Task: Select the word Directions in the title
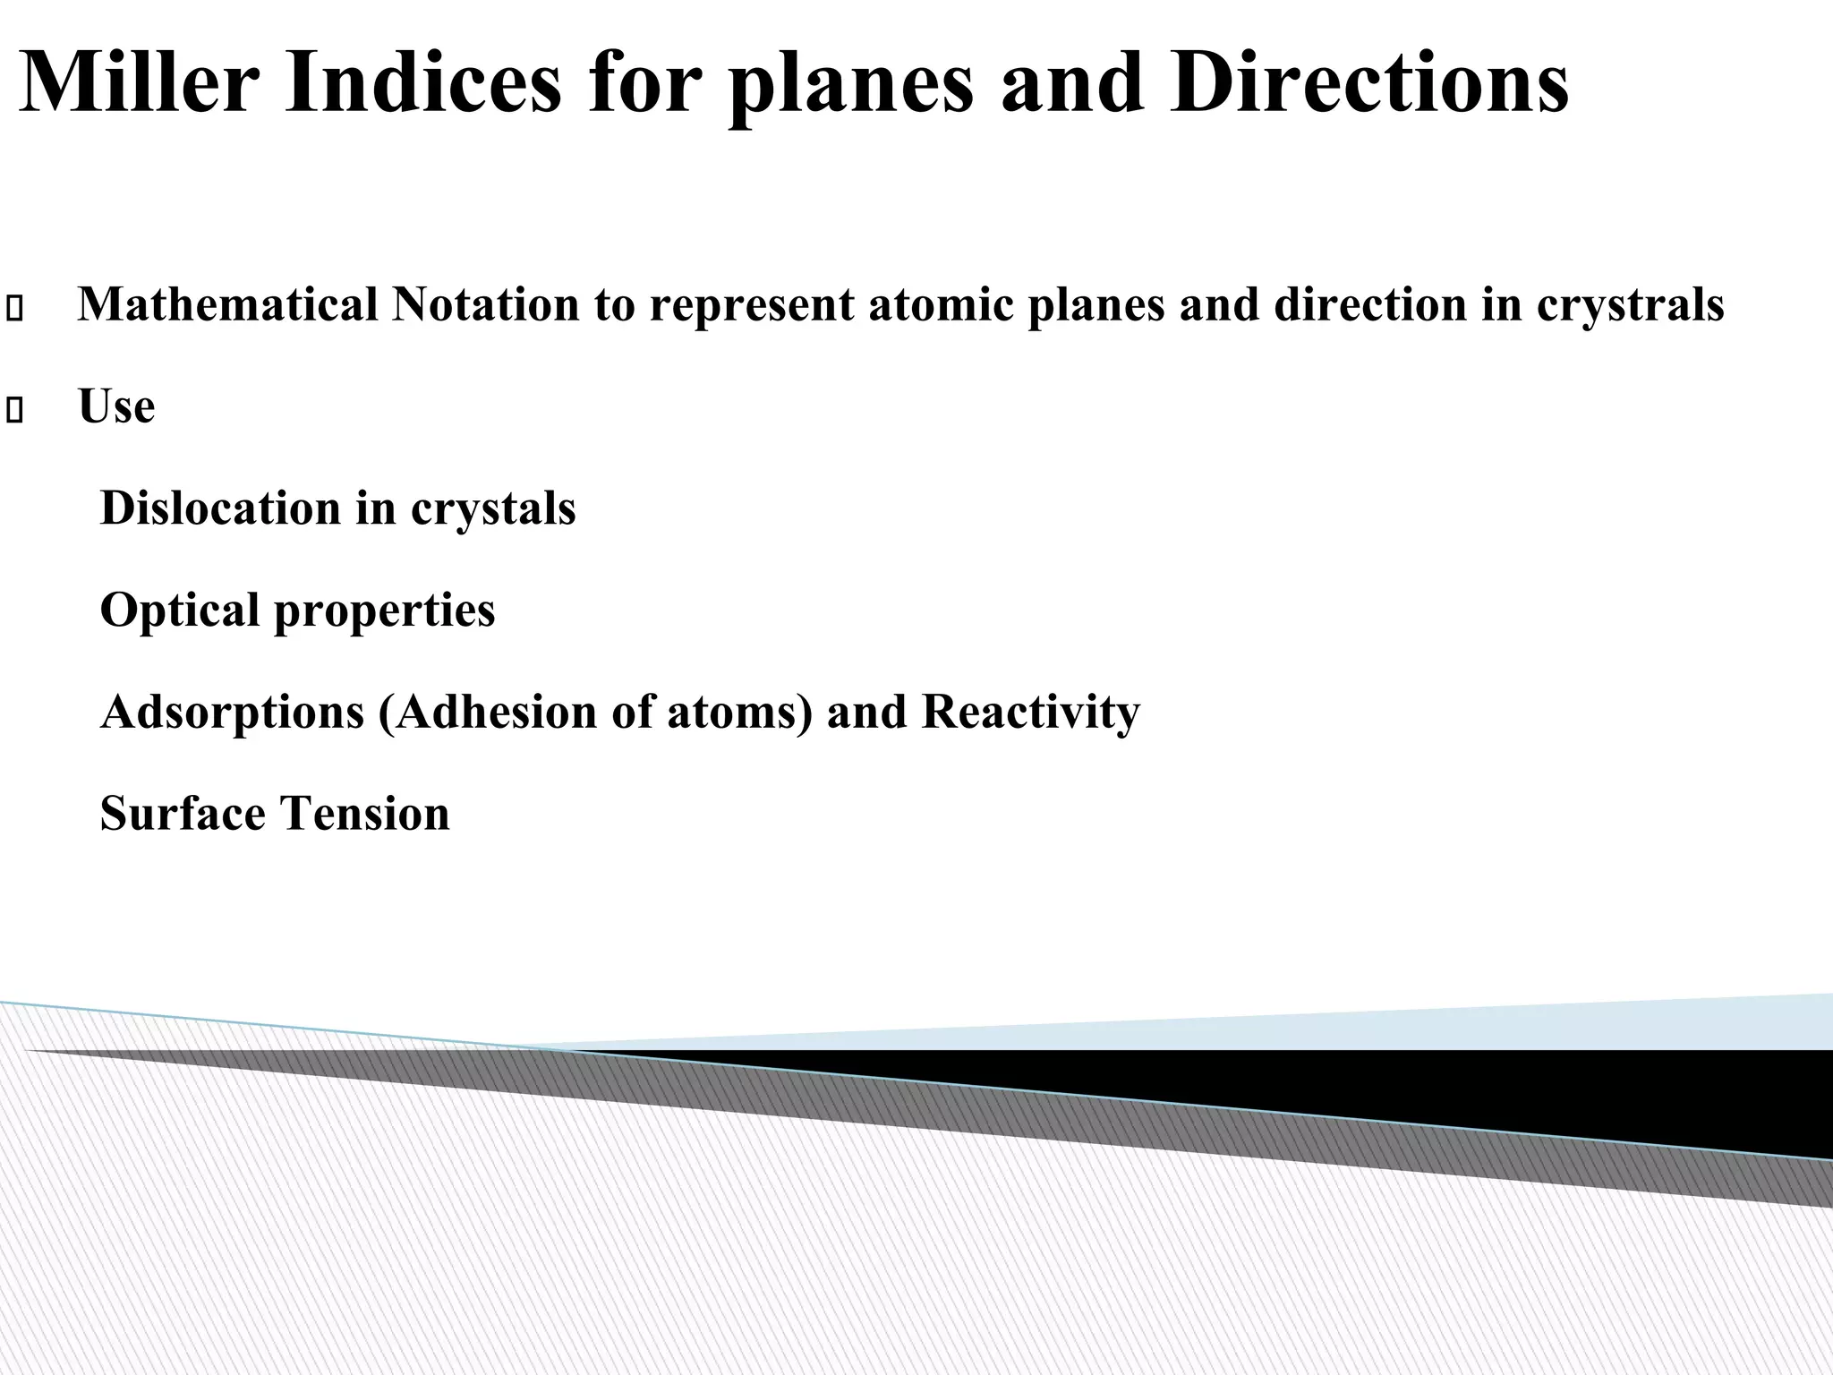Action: (x=1368, y=82)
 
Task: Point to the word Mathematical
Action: (x=228, y=304)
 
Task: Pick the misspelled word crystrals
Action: (x=1630, y=306)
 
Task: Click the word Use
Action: (x=116, y=406)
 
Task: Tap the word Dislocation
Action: (x=220, y=508)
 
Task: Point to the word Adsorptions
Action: (x=232, y=713)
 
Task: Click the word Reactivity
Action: (x=1030, y=713)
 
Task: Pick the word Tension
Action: (x=364, y=815)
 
